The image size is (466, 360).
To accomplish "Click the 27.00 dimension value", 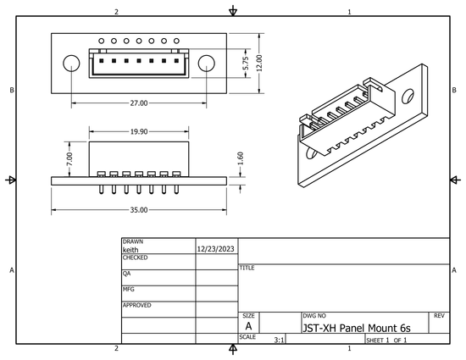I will point(138,102).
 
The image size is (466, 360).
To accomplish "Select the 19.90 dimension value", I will point(138,132).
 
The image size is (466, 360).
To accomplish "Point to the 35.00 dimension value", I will point(138,209).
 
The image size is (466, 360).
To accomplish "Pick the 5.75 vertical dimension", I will point(245,63).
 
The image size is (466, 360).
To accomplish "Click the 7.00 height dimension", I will point(70,158).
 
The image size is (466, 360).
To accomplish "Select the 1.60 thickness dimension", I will point(241,158).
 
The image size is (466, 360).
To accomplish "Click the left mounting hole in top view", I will point(72,64).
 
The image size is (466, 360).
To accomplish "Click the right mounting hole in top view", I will point(206,64).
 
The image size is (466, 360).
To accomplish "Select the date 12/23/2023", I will point(216,250).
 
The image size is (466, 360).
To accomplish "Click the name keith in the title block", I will point(130,250).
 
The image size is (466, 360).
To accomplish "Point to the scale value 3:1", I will point(279,340).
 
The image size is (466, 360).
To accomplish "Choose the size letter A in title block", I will point(248,326).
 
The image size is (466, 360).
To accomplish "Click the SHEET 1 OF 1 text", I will point(386,340).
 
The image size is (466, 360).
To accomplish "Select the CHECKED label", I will point(135,257).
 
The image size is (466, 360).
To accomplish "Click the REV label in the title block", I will point(439,315).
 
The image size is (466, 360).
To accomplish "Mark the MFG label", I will point(128,289).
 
